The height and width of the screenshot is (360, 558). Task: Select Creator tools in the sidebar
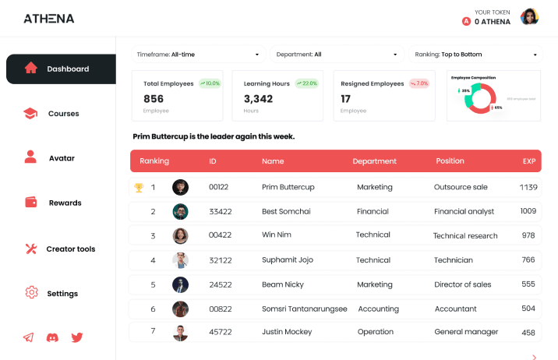[60, 249]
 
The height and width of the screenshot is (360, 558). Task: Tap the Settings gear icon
[31, 293]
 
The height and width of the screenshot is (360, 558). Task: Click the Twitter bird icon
[77, 337]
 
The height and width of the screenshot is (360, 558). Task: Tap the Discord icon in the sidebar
[52, 337]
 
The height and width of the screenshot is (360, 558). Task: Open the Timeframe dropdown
[198, 55]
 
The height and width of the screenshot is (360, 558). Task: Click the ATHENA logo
[48, 18]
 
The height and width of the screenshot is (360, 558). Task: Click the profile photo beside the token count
[530, 17]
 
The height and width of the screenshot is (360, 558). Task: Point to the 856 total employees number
[154, 99]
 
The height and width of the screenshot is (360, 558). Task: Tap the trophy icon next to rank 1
[139, 187]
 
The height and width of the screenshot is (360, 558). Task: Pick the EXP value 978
[528, 235]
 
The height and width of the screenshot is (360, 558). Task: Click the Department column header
[375, 161]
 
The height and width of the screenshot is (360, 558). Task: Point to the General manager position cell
[466, 332]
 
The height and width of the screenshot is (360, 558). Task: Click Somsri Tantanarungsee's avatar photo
[180, 309]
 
